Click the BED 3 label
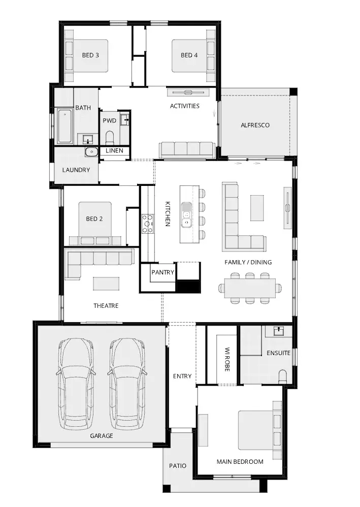(90, 55)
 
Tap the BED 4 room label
(189, 55)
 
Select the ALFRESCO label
(255, 125)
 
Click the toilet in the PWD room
(110, 138)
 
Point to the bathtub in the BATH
(64, 126)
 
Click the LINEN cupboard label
(114, 151)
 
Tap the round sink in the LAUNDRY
(91, 151)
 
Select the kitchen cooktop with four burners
(148, 224)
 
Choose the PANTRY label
(163, 273)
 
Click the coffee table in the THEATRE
(106, 283)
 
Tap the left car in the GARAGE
(77, 384)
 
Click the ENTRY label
(182, 376)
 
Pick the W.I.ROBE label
(227, 359)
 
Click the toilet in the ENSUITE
(282, 377)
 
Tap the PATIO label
(178, 466)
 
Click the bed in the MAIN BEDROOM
(259, 430)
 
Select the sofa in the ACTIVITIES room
(187, 150)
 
